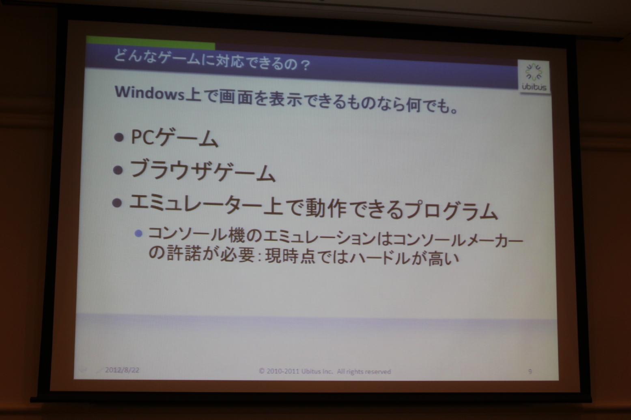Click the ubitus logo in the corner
(x=534, y=77)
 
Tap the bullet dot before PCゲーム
(x=119, y=137)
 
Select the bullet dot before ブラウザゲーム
(x=118, y=170)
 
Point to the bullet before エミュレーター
(x=116, y=203)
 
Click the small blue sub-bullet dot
(x=138, y=234)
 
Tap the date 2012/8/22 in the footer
(x=122, y=370)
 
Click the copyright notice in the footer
(x=325, y=371)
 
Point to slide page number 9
(x=530, y=372)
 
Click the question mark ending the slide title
(x=304, y=65)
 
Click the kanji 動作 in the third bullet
(x=326, y=208)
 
